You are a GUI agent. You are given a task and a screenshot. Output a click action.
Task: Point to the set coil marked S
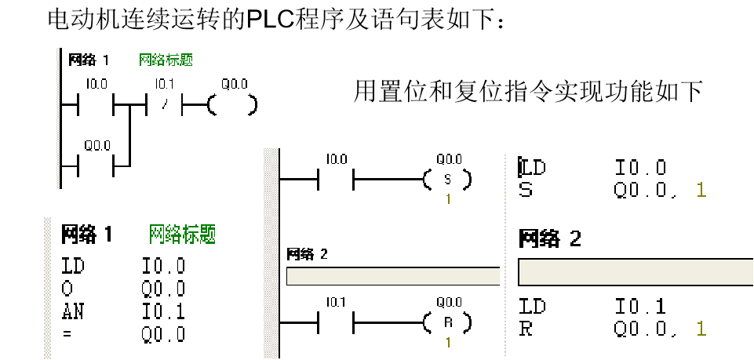[447, 180]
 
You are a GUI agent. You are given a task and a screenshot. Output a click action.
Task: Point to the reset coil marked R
[447, 322]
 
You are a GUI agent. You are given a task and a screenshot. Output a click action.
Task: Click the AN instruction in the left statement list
[72, 311]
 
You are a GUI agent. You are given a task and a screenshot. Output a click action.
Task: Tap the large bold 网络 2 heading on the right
[549, 238]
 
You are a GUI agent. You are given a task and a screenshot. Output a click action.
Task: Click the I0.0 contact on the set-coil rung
[336, 180]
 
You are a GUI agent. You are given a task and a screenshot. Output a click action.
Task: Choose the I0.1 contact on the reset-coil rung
[336, 322]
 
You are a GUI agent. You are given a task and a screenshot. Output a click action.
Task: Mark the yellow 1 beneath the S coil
[448, 199]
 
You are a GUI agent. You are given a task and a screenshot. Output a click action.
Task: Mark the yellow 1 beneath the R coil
[448, 342]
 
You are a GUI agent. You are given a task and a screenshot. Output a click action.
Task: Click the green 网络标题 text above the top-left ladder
[166, 60]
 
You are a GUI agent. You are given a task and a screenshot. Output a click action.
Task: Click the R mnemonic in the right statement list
[526, 329]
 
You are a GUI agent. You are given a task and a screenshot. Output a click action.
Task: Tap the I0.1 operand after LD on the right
[640, 307]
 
